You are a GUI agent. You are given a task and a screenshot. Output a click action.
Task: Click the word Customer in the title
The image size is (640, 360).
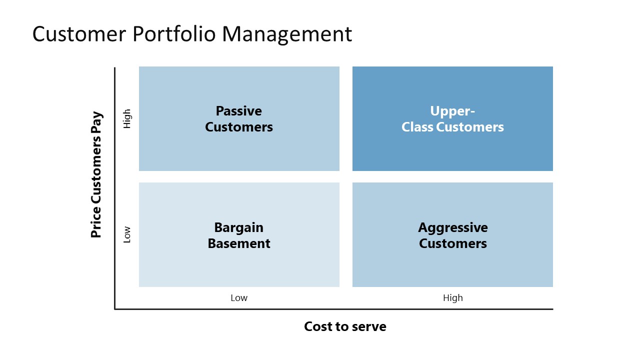[78, 34]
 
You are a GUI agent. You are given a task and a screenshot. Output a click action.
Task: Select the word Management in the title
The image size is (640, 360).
[287, 34]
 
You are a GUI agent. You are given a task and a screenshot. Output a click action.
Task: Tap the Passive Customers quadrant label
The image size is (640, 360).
[239, 119]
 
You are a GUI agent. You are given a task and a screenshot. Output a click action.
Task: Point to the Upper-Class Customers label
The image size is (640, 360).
[452, 119]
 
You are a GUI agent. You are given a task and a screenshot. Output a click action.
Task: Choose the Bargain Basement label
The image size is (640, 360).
[239, 235]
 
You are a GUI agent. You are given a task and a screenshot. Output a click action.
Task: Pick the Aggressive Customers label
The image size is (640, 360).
[452, 235]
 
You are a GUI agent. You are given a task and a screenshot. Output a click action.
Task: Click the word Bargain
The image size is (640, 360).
[239, 227]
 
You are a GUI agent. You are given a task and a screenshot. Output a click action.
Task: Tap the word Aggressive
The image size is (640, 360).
[452, 227]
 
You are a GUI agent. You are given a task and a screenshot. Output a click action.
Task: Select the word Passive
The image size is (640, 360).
[239, 111]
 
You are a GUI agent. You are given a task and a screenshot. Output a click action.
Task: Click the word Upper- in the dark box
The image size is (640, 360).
[452, 111]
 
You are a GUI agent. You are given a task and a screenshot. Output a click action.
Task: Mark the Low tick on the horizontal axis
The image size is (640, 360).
[239, 298]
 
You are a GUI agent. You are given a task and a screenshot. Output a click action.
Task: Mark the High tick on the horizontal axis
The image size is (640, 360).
[452, 298]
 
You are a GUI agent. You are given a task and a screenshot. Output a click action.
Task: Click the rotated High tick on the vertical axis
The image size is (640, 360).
[127, 118]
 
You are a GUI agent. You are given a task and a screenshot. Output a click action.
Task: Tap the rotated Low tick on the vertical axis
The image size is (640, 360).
[127, 234]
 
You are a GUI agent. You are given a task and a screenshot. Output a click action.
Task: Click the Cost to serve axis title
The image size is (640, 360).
[345, 326]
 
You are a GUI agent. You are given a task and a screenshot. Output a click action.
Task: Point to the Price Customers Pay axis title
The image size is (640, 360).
[96, 175]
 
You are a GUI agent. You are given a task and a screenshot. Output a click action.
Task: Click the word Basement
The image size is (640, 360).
[239, 243]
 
